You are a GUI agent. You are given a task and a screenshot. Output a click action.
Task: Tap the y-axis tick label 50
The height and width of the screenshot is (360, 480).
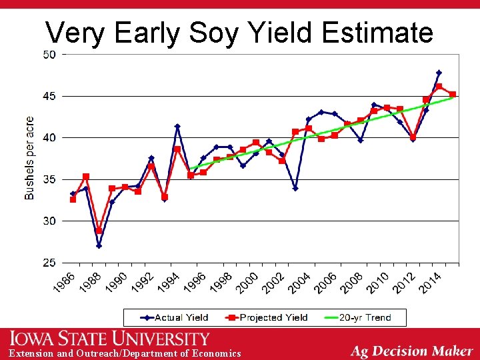(49, 55)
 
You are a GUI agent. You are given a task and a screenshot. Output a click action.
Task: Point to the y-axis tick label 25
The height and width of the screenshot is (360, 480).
(49, 263)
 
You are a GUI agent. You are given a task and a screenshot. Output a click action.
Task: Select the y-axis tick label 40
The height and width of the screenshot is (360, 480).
(49, 138)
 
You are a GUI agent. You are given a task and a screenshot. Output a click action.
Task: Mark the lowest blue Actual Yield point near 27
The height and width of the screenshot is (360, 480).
(99, 245)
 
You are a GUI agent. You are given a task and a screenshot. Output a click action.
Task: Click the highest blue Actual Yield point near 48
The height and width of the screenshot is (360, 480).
(439, 73)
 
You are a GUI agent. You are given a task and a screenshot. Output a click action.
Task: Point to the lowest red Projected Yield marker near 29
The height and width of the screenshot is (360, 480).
(99, 231)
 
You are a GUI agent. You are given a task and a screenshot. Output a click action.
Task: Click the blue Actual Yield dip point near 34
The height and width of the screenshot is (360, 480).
(295, 188)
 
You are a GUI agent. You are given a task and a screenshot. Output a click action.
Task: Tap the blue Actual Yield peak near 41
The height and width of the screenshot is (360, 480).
(177, 126)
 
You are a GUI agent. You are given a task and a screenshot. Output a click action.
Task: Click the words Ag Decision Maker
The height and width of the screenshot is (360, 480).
(411, 351)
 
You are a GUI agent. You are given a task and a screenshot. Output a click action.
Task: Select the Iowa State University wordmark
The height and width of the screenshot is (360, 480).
(109, 339)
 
